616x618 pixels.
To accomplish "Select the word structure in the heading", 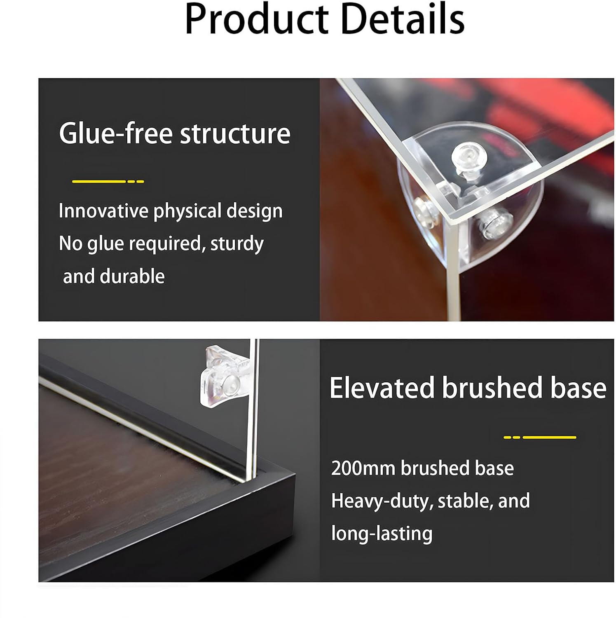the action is [235, 134].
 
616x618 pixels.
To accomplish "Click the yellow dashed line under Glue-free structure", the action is [108, 181].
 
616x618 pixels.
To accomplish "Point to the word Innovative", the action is [103, 211].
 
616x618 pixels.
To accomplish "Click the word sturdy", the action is [237, 244].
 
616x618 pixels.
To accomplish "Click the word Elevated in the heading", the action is [382, 388].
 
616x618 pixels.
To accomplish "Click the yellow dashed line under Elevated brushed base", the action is [540, 437].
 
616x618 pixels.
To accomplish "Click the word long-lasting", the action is [382, 534].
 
